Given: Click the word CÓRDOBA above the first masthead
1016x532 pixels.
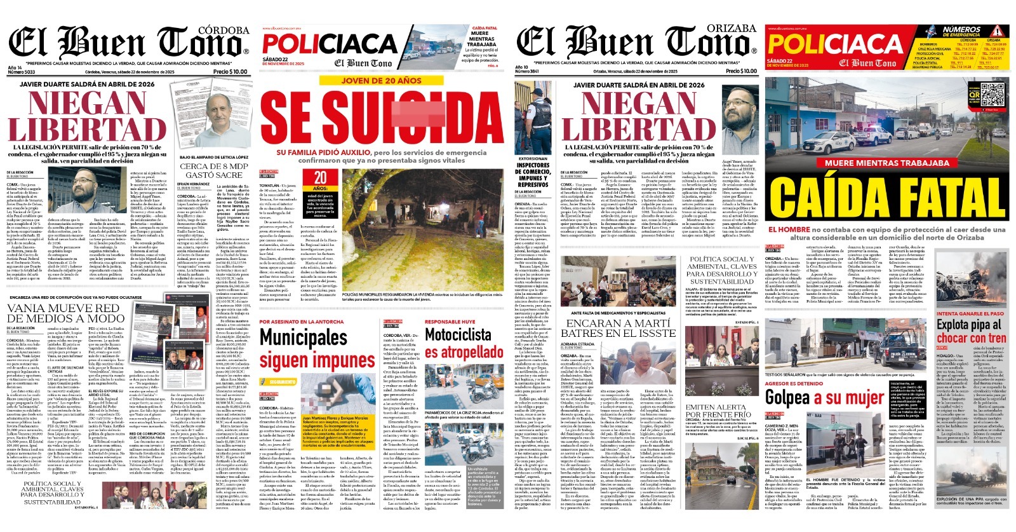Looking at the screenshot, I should pos(224,30).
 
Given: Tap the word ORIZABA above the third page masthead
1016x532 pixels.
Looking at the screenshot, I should pos(732,29).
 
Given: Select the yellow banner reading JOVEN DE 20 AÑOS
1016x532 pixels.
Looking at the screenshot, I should pos(381,81).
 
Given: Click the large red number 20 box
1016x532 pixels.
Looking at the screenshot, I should pos(321,179).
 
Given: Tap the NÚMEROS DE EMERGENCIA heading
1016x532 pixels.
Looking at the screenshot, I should pos(961,31).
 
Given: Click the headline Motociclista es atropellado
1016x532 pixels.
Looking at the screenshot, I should pos(464,343).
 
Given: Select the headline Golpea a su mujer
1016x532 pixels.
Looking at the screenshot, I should pos(824,398).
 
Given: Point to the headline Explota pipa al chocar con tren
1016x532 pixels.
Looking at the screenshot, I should pos(970,331).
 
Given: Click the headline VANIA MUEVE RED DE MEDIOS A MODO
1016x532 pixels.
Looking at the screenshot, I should pos(65,313).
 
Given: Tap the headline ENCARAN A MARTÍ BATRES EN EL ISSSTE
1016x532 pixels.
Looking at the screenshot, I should pos(615,328).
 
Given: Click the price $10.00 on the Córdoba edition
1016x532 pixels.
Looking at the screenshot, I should pos(231,72).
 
